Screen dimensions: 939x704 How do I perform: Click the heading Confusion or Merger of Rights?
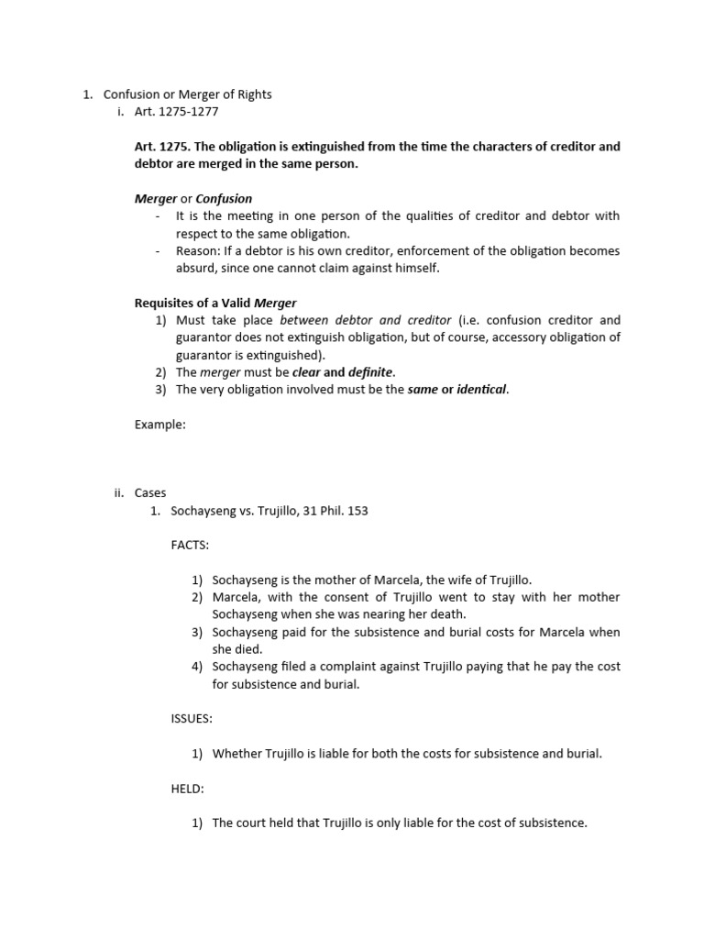pyautogui.click(x=187, y=94)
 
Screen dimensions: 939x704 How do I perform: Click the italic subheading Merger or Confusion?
pyautogui.click(x=192, y=198)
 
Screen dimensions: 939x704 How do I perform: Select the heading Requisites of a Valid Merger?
pyautogui.click(x=215, y=303)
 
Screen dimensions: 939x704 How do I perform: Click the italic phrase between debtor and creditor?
pyautogui.click(x=365, y=320)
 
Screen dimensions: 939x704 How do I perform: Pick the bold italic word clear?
pyautogui.click(x=306, y=372)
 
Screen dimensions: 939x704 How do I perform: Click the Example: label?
pyautogui.click(x=159, y=425)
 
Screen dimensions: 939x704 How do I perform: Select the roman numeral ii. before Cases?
pyautogui.click(x=118, y=493)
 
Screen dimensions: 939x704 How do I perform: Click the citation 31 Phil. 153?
pyautogui.click(x=334, y=511)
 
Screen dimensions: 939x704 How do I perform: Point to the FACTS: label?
pyautogui.click(x=189, y=546)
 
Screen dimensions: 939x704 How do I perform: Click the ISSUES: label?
pyautogui.click(x=191, y=719)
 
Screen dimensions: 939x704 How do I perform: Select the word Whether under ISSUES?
pyautogui.click(x=238, y=754)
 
